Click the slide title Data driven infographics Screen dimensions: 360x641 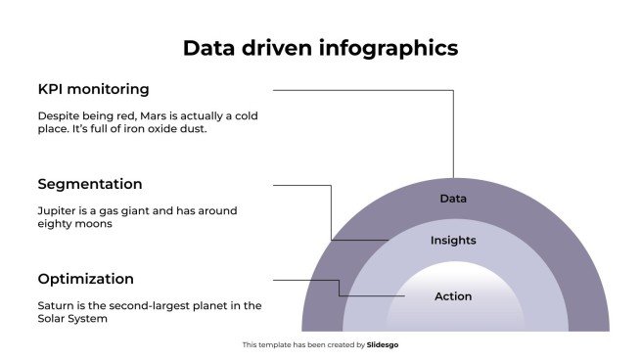click(x=320, y=48)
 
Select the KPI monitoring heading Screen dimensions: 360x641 click(x=93, y=89)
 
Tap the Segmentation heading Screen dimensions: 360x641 click(x=90, y=184)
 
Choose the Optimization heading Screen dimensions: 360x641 click(x=86, y=279)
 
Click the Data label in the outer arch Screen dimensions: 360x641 click(x=452, y=199)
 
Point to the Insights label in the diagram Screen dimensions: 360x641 click(x=453, y=240)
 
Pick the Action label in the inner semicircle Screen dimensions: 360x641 click(x=453, y=296)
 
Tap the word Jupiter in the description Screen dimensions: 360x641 click(x=57, y=210)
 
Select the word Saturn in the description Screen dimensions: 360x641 click(x=56, y=305)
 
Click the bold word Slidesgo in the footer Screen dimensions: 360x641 click(x=383, y=345)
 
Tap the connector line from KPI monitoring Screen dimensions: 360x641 click(x=362, y=90)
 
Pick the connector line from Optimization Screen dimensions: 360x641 click(x=305, y=280)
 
